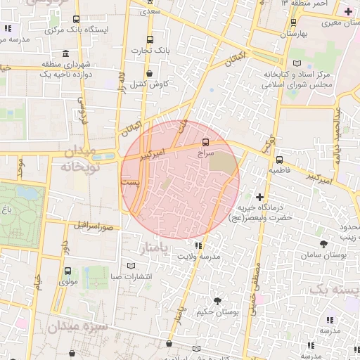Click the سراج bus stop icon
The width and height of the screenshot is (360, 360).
click(205, 141)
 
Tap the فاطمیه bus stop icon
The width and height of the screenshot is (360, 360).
click(279, 159)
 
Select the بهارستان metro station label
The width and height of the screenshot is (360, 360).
click(294, 34)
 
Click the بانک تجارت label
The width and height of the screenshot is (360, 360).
click(150, 51)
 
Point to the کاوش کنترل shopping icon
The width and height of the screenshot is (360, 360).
click(149, 73)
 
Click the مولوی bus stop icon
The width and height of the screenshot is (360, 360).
click(67, 271)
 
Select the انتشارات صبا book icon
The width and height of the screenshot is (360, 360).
click(131, 265)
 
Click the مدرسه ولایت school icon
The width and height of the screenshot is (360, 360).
click(199, 245)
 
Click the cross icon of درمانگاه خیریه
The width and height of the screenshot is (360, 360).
click(260, 198)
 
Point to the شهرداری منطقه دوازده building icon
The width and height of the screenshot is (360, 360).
click(65, 54)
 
